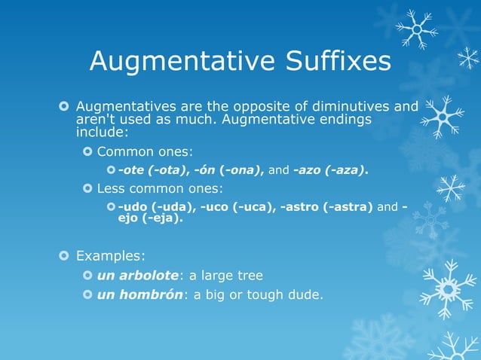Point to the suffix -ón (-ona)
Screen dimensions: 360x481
pyautogui.click(x=225, y=170)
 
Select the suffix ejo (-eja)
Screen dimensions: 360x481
pyautogui.click(x=150, y=219)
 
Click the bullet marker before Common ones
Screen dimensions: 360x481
pyautogui.click(x=87, y=151)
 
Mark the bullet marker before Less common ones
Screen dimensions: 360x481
pyautogui.click(x=87, y=188)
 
